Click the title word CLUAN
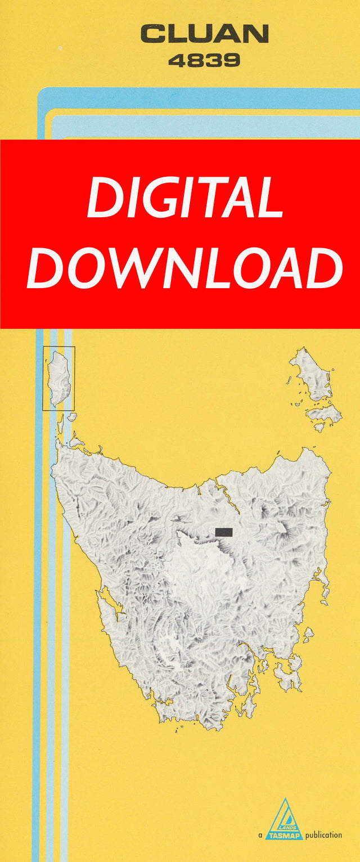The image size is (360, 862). pyautogui.click(x=205, y=35)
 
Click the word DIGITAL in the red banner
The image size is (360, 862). pyautogui.click(x=185, y=199)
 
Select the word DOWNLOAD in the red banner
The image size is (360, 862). pyautogui.click(x=185, y=268)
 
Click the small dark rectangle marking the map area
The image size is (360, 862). pyautogui.click(x=224, y=532)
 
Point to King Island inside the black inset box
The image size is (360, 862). pyautogui.click(x=58, y=377)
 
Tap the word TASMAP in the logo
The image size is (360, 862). pyautogui.click(x=285, y=836)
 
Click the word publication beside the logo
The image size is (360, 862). pyautogui.click(x=323, y=835)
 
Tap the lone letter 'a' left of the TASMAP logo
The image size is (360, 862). pyautogui.click(x=260, y=836)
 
